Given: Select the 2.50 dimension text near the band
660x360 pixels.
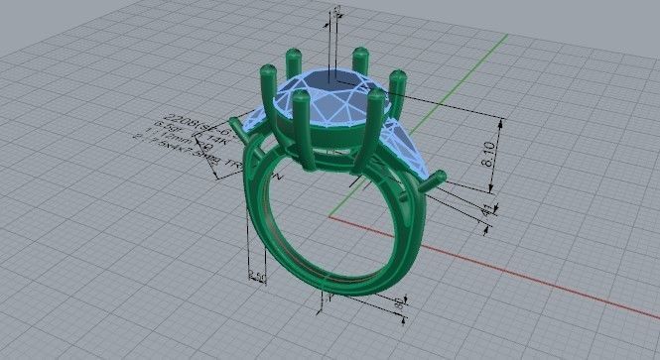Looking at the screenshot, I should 256,275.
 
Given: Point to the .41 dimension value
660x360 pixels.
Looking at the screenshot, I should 485,211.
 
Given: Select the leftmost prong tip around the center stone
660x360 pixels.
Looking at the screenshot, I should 266,70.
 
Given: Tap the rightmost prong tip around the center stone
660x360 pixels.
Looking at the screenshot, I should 398,75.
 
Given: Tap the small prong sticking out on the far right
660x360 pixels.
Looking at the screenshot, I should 437,180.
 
